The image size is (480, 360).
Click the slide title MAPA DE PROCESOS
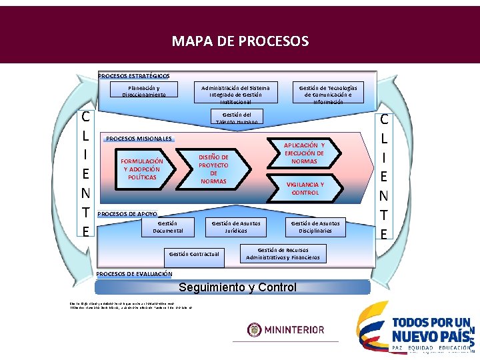pos(240,41)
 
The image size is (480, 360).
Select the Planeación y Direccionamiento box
pos(144,91)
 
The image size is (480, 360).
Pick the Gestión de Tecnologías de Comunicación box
pos(327,95)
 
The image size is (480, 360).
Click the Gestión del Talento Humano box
pos(237,118)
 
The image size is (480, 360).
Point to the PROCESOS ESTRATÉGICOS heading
pos(133,76)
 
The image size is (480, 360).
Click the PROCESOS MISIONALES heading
pos(139,139)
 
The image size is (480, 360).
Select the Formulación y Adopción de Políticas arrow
pos(141,169)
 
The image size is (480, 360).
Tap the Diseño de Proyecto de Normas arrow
pos(213,169)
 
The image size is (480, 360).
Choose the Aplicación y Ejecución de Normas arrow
pos(304,153)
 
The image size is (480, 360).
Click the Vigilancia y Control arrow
pos(305,189)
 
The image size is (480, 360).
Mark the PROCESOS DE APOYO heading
pos(127,214)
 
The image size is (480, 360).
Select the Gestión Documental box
pos(167,227)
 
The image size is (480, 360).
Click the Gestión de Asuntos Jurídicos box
pos(236,227)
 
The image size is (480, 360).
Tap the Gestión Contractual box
pos(193,254)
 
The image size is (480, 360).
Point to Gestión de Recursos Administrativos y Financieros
pos(283,253)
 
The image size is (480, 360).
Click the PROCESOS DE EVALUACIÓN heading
pos(134,274)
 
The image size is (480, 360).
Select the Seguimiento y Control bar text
pos(238,288)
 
